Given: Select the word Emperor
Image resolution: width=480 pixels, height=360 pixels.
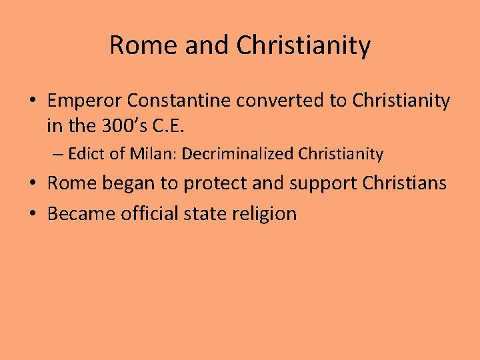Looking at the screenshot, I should coord(85,101).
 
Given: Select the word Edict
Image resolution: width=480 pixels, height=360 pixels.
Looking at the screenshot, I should coord(83,154).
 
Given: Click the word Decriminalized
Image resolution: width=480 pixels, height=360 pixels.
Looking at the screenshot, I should coord(238,154).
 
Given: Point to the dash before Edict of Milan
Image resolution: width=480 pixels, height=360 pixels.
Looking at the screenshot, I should coord(58,155).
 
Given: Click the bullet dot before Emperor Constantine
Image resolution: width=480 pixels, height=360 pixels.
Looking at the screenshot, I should coord(33,102).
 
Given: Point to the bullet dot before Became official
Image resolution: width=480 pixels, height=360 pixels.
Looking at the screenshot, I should coord(33,215).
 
